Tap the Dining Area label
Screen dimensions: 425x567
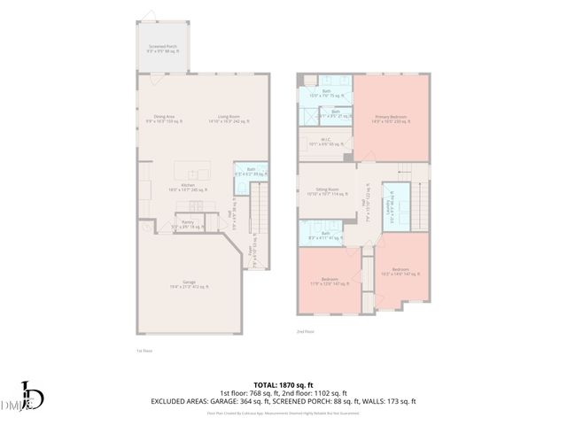tap(163, 119)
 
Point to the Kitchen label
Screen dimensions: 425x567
tap(188, 187)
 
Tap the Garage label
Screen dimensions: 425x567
tap(190, 282)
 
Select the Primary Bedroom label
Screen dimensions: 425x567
tap(391, 118)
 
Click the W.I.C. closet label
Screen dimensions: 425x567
tap(326, 142)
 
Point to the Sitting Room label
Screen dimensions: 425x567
tap(328, 191)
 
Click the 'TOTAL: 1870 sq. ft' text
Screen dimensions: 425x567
tap(283, 384)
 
